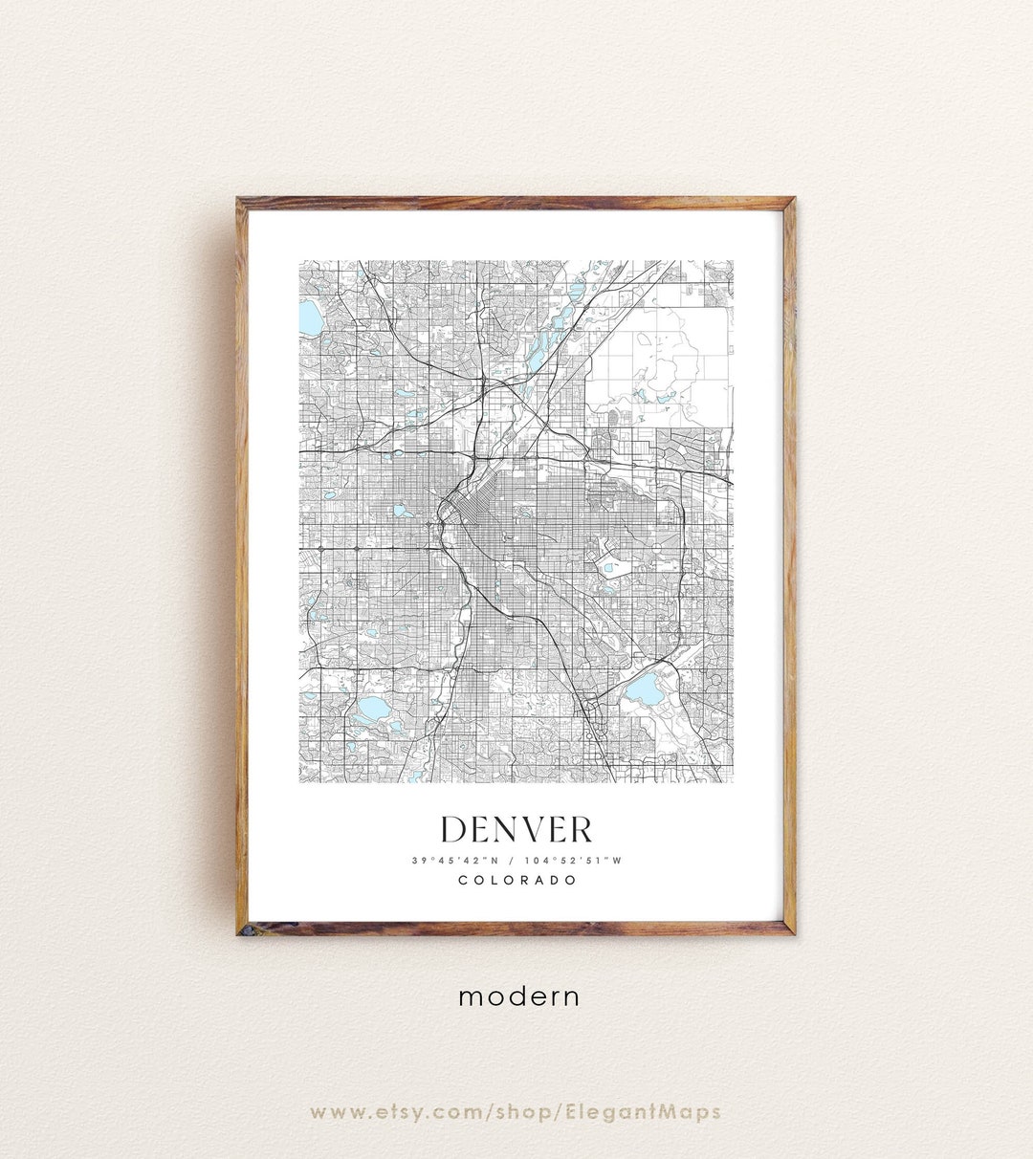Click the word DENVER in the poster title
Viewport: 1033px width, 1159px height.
coord(516,829)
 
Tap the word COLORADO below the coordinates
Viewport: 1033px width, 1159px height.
coord(516,880)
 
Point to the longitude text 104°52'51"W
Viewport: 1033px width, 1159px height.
coord(573,860)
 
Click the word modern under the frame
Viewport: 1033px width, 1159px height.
coord(518,996)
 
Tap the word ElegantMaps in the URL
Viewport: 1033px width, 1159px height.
coord(657,1112)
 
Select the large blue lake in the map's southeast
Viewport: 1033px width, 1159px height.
coord(643,689)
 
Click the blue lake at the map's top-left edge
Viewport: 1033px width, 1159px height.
coord(311,318)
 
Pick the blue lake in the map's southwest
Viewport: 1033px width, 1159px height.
coord(371,709)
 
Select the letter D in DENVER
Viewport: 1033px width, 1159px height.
coord(454,829)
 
